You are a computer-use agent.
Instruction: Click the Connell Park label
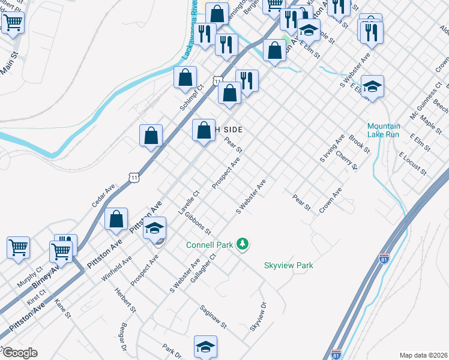[x=209, y=245]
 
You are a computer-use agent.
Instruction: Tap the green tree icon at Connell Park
[x=243, y=244]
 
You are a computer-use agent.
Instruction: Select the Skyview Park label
[x=289, y=265]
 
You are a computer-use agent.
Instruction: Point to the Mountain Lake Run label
[x=384, y=130]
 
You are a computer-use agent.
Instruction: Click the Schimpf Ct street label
[x=192, y=96]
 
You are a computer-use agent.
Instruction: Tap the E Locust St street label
[x=412, y=163]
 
